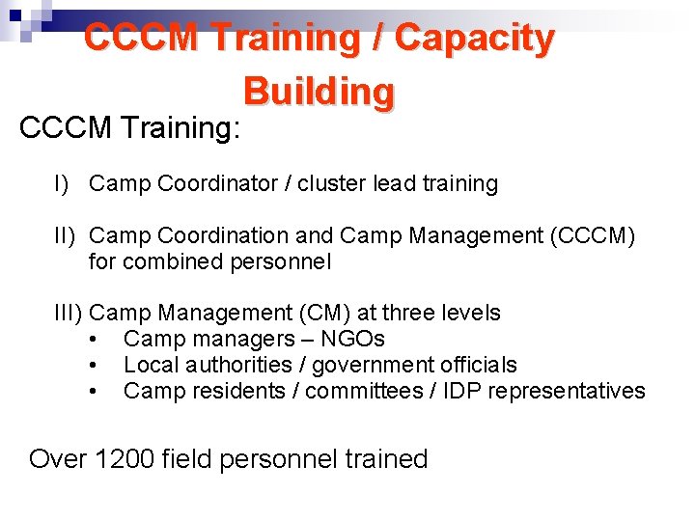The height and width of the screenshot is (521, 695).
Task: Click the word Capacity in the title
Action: pyautogui.click(x=475, y=39)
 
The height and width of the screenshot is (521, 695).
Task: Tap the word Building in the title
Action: pyautogui.click(x=319, y=92)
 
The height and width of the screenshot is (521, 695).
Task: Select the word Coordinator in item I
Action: pyautogui.click(x=217, y=184)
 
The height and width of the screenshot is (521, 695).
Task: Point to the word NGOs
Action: pyautogui.click(x=353, y=339)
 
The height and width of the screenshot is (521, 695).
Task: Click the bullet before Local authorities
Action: pyautogui.click(x=92, y=365)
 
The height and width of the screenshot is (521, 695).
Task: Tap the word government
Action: pyautogui.click(x=366, y=365)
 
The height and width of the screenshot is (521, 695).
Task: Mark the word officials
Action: pyautogui.click(x=480, y=365)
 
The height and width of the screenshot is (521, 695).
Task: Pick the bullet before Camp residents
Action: pyautogui.click(x=92, y=391)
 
